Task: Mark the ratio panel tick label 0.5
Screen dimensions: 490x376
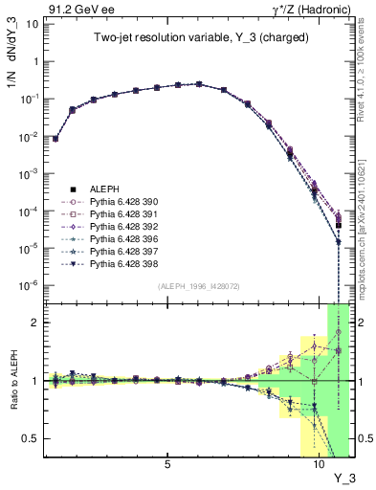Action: [x=28, y=439]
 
